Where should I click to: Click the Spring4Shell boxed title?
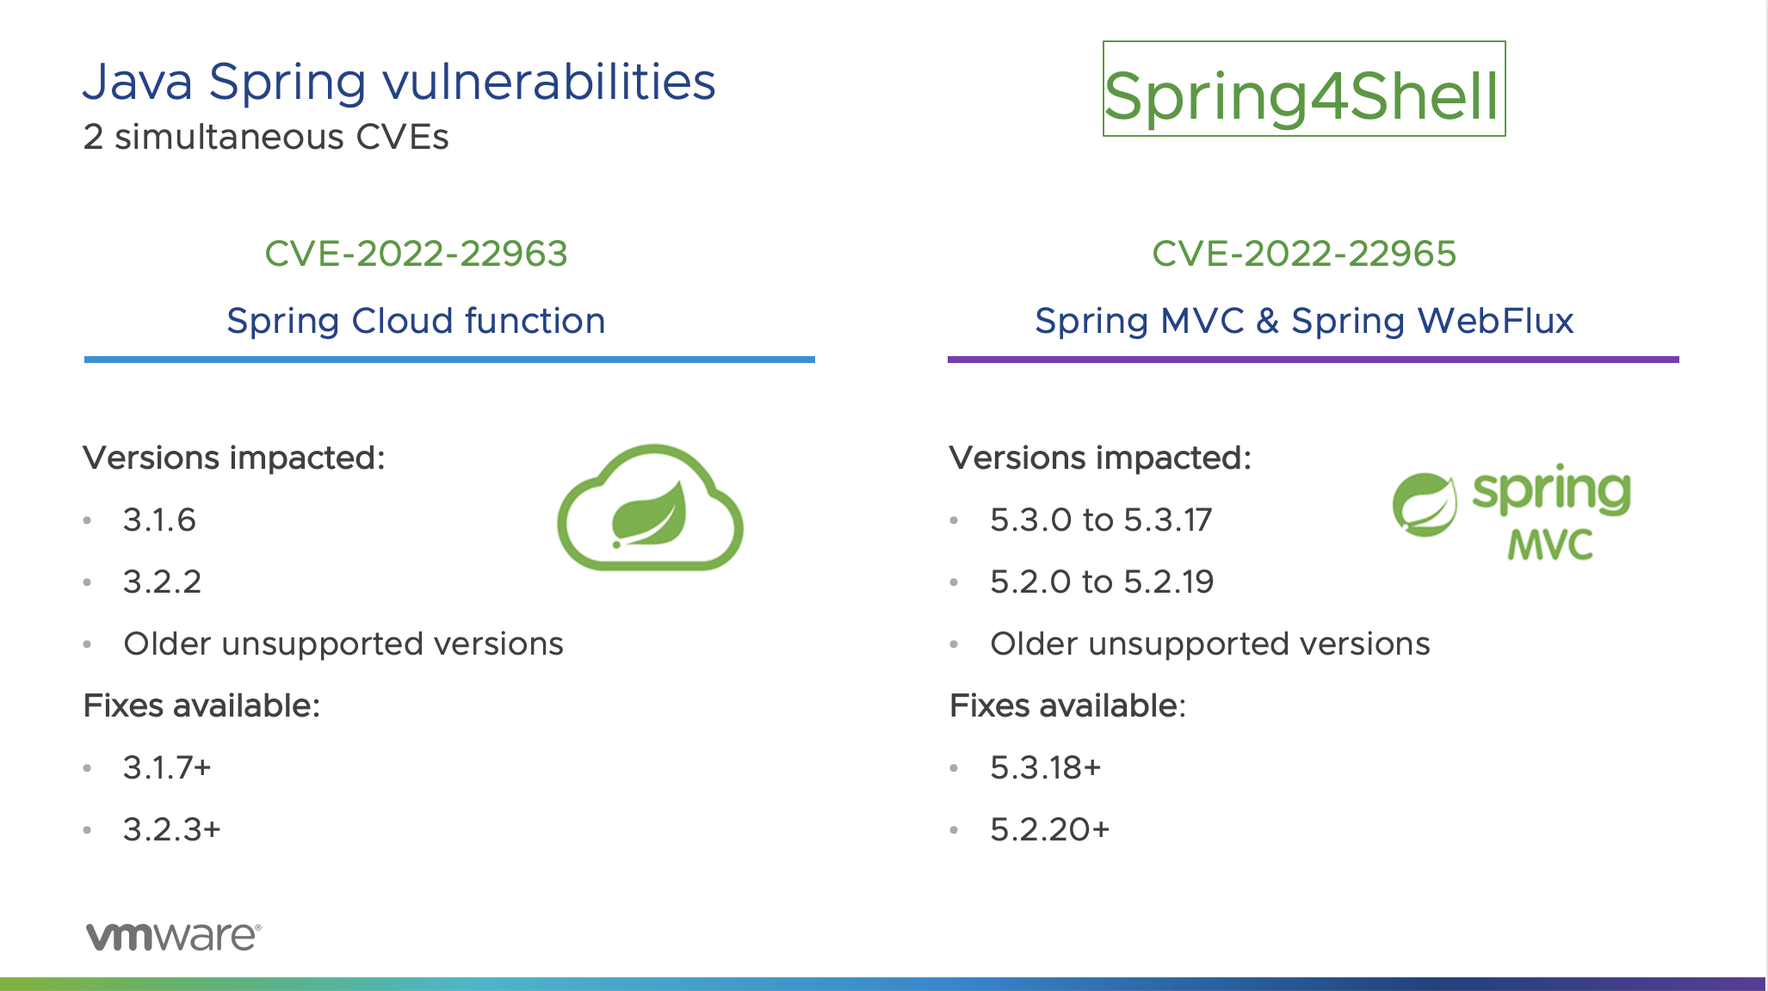pos(1303,89)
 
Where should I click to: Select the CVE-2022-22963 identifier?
pos(416,254)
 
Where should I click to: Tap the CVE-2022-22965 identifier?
pos(1304,254)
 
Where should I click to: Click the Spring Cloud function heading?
pos(416,321)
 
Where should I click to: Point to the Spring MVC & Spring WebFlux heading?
pos(1304,321)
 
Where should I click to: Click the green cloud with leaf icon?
pos(651,509)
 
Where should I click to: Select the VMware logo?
pos(173,936)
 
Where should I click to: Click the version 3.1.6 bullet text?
pos(159,520)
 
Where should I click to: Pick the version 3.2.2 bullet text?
pos(162,582)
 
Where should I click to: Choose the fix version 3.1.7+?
pos(167,767)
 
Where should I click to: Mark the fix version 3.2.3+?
pos(172,829)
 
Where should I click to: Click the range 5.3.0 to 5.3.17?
pos(1101,520)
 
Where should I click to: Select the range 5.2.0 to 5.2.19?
pos(1102,582)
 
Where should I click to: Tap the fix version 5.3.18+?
pos(1046,767)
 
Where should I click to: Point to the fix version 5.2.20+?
pos(1050,829)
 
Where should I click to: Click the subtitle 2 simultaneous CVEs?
pos(266,138)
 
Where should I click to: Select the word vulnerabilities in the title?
pos(548,83)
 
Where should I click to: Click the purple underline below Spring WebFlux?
pos(1313,360)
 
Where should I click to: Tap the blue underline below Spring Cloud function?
pos(449,360)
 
